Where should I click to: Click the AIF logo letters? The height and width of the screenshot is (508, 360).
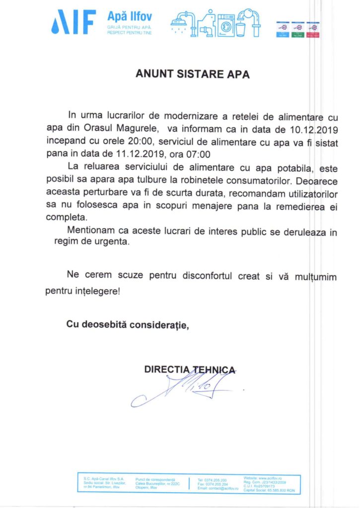(74, 21)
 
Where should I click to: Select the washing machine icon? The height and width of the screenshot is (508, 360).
(226, 23)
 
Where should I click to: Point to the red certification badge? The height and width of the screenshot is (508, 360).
(313, 30)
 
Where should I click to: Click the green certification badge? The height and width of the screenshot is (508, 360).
(298, 30)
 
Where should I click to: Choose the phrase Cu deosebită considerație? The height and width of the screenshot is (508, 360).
(128, 325)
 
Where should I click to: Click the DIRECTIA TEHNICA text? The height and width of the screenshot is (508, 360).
(189, 370)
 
